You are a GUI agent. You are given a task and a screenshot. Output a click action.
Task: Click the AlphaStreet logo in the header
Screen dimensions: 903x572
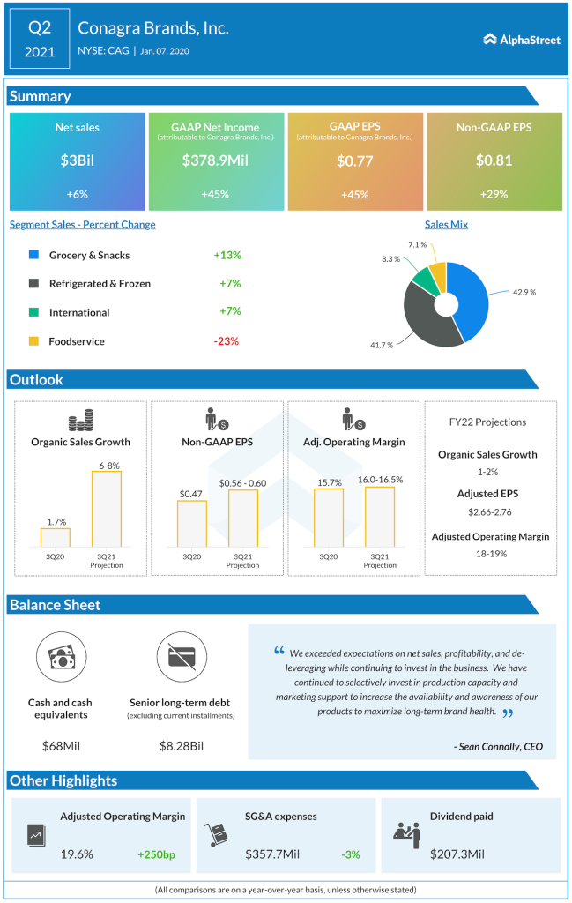(x=522, y=39)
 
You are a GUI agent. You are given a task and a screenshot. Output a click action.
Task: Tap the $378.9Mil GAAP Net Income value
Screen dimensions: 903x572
(x=216, y=160)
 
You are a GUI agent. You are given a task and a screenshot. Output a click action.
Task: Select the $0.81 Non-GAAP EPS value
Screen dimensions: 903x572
(x=494, y=160)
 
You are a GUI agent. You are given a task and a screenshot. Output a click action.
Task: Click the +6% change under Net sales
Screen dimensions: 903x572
(x=78, y=194)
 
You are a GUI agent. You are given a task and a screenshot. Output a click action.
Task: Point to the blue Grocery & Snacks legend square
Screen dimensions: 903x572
(x=33, y=255)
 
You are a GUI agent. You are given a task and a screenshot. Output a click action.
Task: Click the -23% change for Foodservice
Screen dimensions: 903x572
(x=227, y=341)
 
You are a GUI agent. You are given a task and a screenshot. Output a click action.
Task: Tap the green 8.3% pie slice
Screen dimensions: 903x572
(x=424, y=281)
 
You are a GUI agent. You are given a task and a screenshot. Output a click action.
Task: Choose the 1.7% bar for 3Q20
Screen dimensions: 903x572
(x=55, y=537)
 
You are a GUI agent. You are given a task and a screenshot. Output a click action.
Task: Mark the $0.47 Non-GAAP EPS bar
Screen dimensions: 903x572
(x=191, y=524)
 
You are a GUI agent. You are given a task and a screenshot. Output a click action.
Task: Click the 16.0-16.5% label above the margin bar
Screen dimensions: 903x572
(x=380, y=479)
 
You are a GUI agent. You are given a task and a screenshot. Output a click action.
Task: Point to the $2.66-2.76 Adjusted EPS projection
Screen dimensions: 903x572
(x=490, y=511)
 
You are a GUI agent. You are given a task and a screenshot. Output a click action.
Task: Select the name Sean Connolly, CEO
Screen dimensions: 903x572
(x=499, y=746)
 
